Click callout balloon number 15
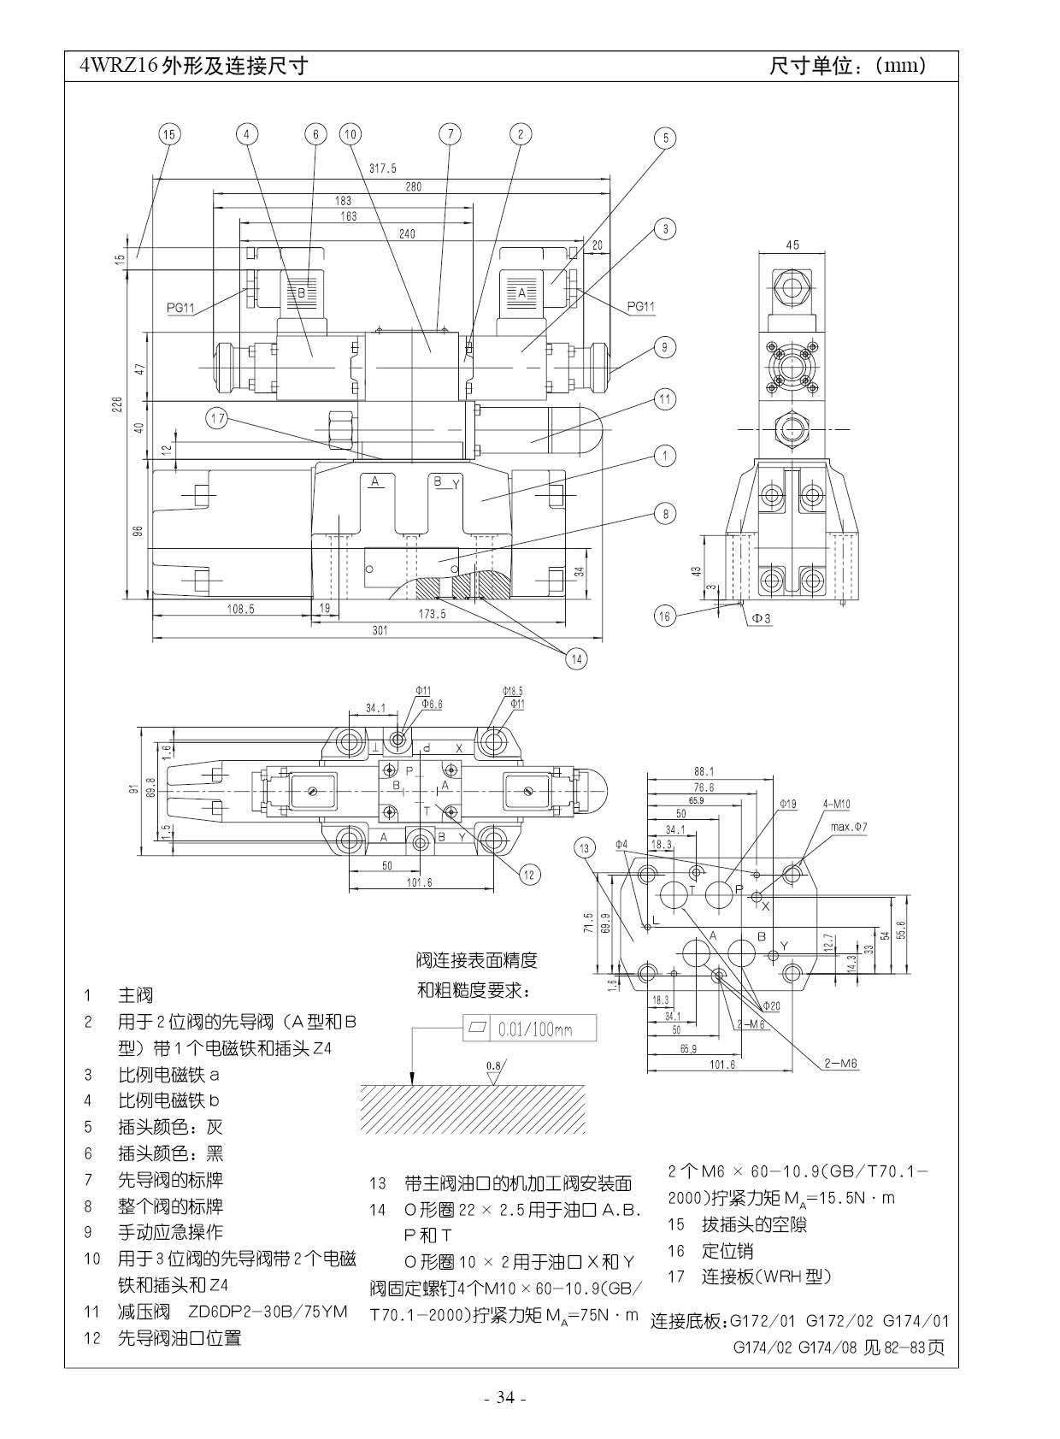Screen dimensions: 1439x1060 pos(168,134)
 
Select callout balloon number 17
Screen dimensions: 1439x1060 pos(218,418)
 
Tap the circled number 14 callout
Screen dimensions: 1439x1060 pos(576,658)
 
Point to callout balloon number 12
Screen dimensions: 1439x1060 pos(529,874)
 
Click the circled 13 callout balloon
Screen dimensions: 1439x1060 pos(585,848)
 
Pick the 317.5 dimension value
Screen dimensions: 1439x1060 pos(382,168)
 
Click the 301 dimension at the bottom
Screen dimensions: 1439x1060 pos(380,630)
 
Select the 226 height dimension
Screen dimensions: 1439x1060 pos(119,402)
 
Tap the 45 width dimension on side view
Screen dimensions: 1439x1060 pos(792,245)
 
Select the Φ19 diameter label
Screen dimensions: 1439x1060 pos(787,804)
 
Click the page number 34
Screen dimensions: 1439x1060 pos(505,1398)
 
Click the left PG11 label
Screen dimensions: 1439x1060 pos(181,308)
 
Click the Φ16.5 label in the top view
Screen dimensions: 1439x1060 pos(513,690)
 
